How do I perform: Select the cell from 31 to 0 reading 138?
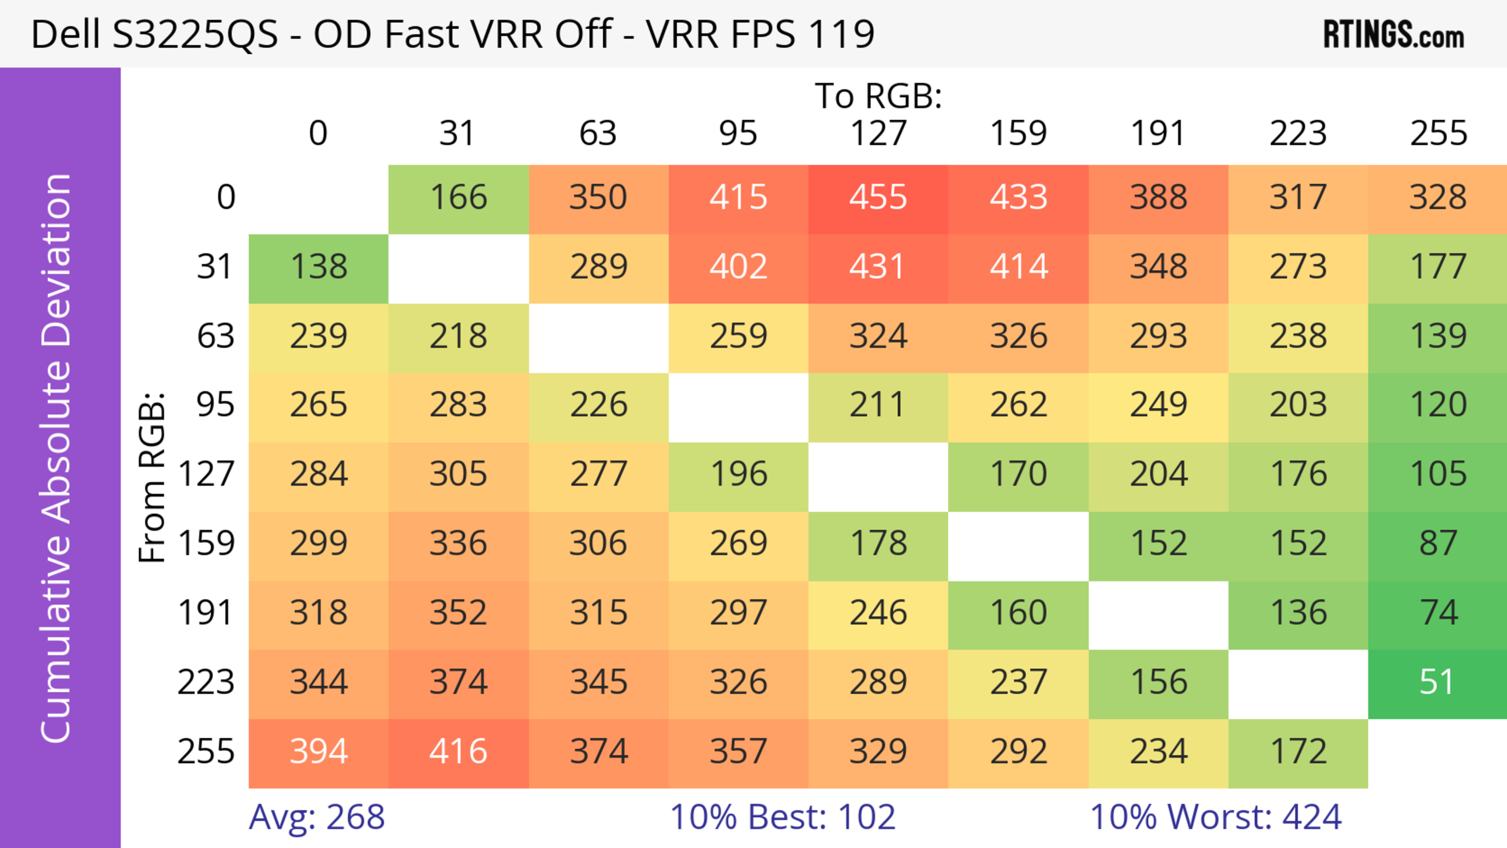tap(319, 267)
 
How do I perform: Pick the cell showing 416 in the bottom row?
tap(458, 751)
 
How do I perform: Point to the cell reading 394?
tap(319, 751)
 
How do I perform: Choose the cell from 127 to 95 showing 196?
tap(738, 474)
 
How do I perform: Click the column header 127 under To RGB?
tap(878, 133)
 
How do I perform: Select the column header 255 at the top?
tap(1438, 133)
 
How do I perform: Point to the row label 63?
tap(215, 336)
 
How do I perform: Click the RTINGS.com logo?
tap(1394, 35)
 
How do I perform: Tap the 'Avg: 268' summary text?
tap(316, 817)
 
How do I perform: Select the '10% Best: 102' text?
tap(782, 817)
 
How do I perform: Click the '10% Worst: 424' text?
tap(1215, 817)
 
